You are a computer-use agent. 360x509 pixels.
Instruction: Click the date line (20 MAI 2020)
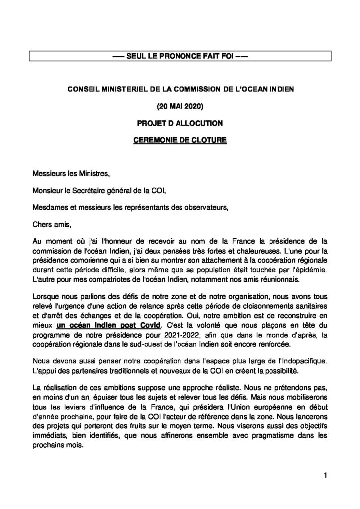click(x=180, y=105)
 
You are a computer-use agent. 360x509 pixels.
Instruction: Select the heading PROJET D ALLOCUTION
click(x=180, y=122)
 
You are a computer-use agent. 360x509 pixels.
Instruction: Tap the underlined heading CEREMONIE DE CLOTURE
click(x=180, y=140)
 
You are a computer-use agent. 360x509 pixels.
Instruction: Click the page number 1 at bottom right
click(x=325, y=477)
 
